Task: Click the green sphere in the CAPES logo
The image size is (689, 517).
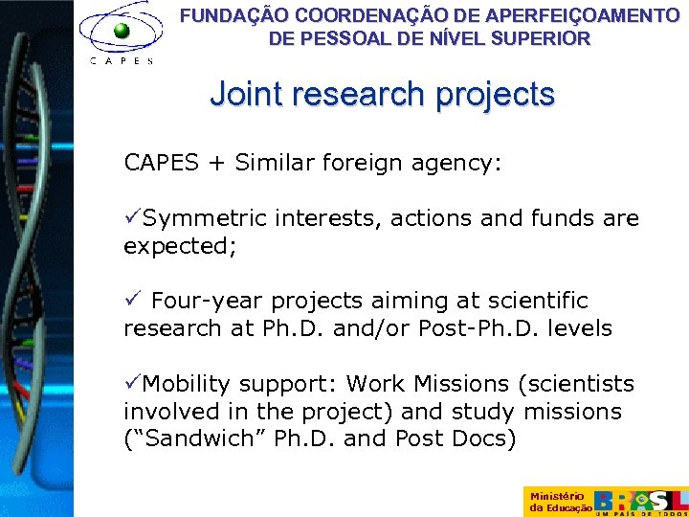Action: click(x=122, y=32)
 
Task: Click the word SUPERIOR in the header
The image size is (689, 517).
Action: click(x=542, y=39)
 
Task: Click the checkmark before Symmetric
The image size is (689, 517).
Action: click(x=132, y=218)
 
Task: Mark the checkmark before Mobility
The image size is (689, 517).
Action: click(x=132, y=384)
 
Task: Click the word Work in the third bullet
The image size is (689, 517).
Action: click(x=377, y=384)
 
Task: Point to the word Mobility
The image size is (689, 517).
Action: click(x=186, y=384)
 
